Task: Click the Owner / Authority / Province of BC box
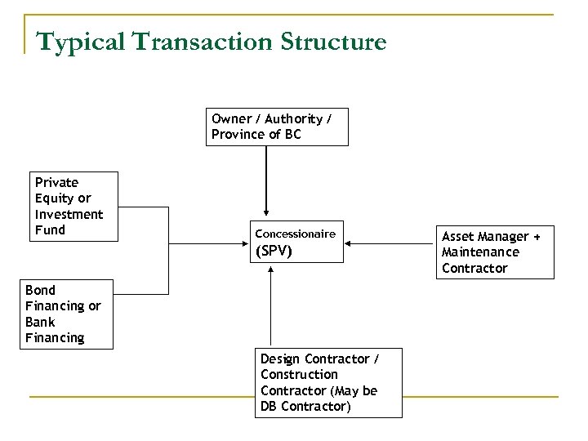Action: click(276, 127)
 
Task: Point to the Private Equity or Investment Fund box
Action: click(73, 207)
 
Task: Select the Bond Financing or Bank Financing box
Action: click(66, 314)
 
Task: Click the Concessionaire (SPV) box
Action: click(297, 242)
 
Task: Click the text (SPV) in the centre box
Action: click(274, 251)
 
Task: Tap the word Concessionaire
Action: click(296, 234)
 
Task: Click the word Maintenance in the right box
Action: click(480, 252)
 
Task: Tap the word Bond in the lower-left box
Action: click(41, 291)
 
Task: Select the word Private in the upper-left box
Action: click(56, 183)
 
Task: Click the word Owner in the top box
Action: click(231, 119)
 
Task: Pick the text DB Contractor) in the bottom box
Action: click(305, 407)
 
